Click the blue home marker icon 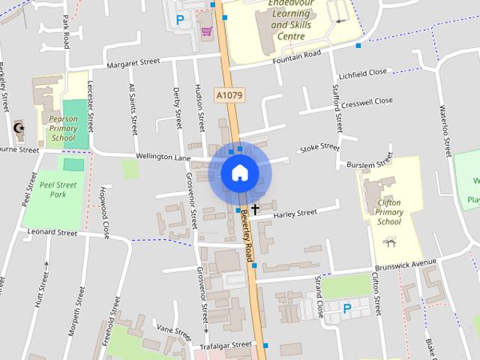239,172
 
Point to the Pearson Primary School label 61,128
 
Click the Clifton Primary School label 390,211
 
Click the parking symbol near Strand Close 347,307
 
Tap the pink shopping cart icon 206,31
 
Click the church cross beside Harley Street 255,208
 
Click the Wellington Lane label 163,157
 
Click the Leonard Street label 52,232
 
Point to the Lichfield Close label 363,72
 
